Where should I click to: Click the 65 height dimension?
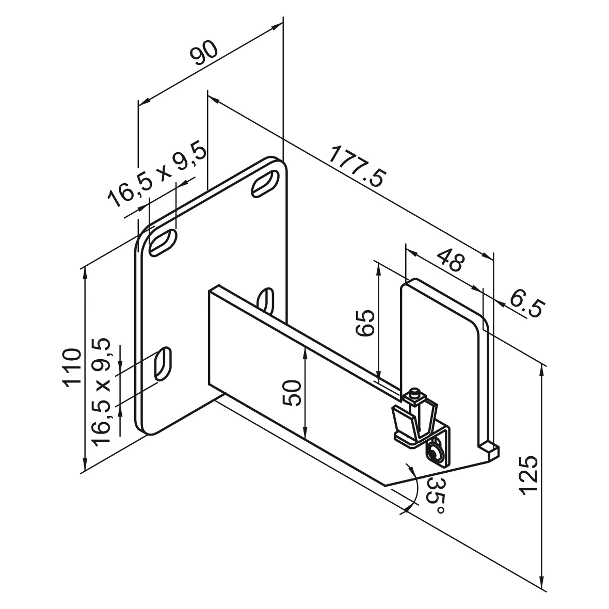[365, 323]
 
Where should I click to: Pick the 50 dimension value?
[292, 393]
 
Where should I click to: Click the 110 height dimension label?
[71, 367]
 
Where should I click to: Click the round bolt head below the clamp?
[435, 454]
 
